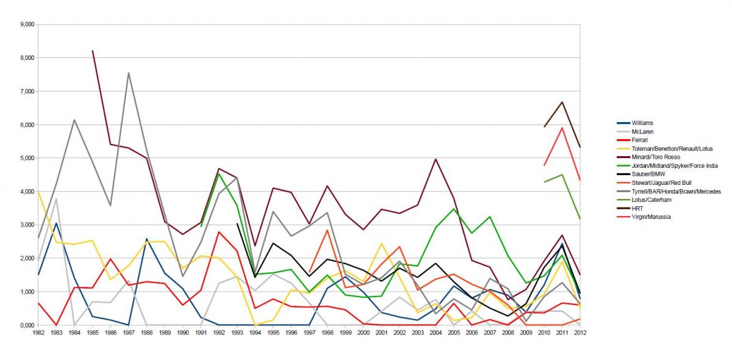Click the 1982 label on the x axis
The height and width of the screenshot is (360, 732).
[x=38, y=333]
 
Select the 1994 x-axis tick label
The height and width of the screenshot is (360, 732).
[x=256, y=333]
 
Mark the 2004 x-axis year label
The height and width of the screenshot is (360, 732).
[x=436, y=333]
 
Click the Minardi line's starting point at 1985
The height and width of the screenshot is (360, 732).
[x=92, y=51]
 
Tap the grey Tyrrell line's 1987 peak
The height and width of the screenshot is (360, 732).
[x=128, y=73]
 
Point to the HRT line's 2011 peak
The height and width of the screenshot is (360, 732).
[x=561, y=102]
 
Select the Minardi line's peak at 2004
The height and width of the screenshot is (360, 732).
[x=436, y=159]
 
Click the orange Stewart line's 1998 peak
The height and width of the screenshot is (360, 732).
[x=327, y=230]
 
